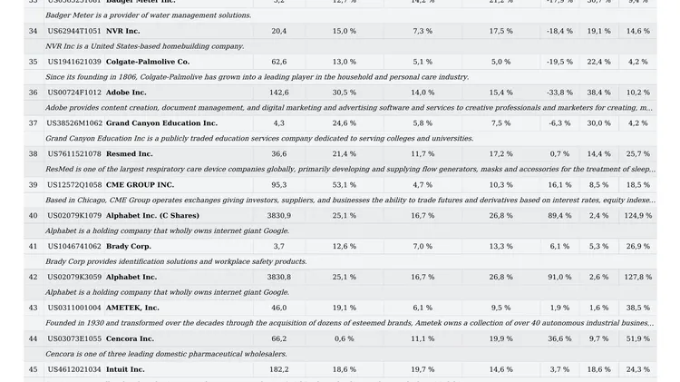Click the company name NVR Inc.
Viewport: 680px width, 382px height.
[122, 31]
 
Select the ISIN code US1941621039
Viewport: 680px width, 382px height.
[74, 62]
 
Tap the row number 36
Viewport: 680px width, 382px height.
[34, 93]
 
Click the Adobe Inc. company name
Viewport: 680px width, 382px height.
[126, 93]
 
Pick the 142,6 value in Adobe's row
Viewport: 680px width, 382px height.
[279, 93]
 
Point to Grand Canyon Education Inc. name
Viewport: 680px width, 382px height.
[161, 123]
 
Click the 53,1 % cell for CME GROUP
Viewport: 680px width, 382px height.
[345, 185]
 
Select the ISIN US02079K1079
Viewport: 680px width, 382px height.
[74, 216]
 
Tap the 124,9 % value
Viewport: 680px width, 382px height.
[638, 216]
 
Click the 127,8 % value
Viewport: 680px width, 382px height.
[638, 278]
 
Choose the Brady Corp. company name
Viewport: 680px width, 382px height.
[129, 247]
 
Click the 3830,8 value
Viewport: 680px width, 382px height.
[279, 278]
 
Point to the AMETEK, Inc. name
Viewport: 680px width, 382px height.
[132, 309]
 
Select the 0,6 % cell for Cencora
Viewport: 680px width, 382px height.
[345, 339]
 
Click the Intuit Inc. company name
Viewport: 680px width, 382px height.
[125, 370]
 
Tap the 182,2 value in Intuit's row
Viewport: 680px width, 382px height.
[279, 370]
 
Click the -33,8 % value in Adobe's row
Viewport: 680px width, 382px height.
[559, 93]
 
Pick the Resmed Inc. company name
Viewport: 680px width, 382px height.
[130, 154]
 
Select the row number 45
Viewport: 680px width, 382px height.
[34, 370]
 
